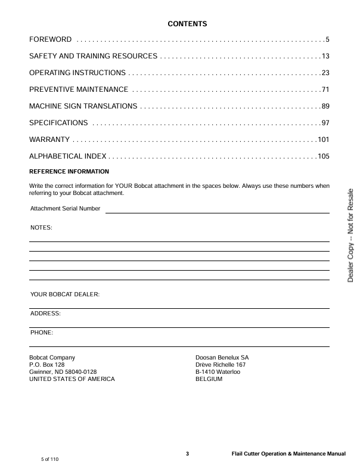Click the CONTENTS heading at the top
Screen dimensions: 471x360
point(187,24)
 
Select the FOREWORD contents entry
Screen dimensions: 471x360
point(51,40)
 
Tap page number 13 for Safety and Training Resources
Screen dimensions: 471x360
point(325,57)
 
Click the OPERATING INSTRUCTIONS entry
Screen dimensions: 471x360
point(77,73)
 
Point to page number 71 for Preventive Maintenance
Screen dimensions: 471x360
point(325,90)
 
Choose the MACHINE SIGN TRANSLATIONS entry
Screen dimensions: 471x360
point(83,107)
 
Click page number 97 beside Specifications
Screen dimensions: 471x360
point(325,123)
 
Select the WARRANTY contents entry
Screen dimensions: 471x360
point(49,140)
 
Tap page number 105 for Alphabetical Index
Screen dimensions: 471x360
point(323,157)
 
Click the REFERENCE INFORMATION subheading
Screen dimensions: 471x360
point(69,172)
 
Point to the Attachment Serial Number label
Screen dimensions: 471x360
point(65,209)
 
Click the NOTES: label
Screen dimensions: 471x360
point(41,228)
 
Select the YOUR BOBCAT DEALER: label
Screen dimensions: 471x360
point(64,295)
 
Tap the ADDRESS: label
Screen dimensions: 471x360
point(45,313)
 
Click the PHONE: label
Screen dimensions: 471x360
point(42,332)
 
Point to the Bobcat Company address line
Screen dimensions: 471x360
point(52,358)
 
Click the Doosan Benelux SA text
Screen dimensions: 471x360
point(222,358)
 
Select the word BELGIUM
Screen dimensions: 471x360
point(209,379)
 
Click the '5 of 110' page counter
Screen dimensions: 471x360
point(50,460)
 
